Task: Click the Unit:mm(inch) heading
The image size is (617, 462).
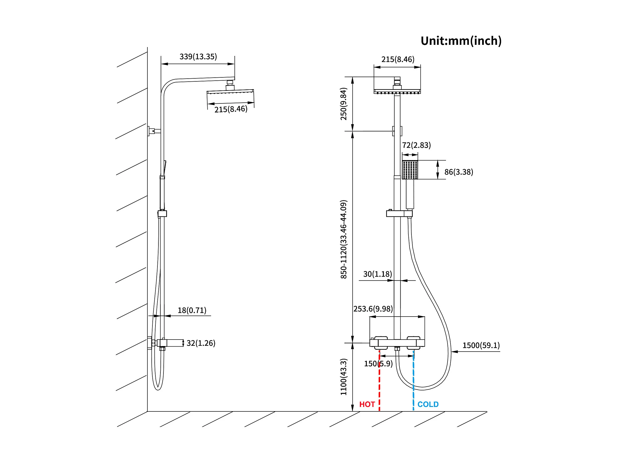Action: pyautogui.click(x=461, y=41)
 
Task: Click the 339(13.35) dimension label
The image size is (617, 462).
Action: pyautogui.click(x=198, y=57)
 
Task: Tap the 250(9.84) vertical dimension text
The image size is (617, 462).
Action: pyautogui.click(x=343, y=104)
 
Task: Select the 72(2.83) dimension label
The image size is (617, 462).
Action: pyautogui.click(x=416, y=145)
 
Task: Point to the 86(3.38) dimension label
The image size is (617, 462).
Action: pyautogui.click(x=459, y=172)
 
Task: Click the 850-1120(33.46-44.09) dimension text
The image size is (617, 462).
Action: pyautogui.click(x=343, y=239)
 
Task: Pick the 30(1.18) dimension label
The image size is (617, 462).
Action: pyautogui.click(x=377, y=274)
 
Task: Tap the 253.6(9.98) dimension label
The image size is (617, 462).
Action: pyautogui.click(x=373, y=309)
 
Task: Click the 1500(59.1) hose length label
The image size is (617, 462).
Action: pyautogui.click(x=481, y=345)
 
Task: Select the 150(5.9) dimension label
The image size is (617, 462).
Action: pyautogui.click(x=378, y=364)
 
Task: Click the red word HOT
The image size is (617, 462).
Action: pyautogui.click(x=367, y=404)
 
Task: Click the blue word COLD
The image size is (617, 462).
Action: pyautogui.click(x=428, y=404)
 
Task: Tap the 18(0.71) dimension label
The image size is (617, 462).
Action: pyautogui.click(x=192, y=310)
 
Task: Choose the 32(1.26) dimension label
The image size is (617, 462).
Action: pyautogui.click(x=201, y=343)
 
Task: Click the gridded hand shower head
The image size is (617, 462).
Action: pyautogui.click(x=410, y=170)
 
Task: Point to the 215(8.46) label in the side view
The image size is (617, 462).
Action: pyautogui.click(x=231, y=109)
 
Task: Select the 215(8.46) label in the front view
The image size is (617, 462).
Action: pyautogui.click(x=398, y=59)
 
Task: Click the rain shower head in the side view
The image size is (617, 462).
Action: pyautogui.click(x=230, y=91)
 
